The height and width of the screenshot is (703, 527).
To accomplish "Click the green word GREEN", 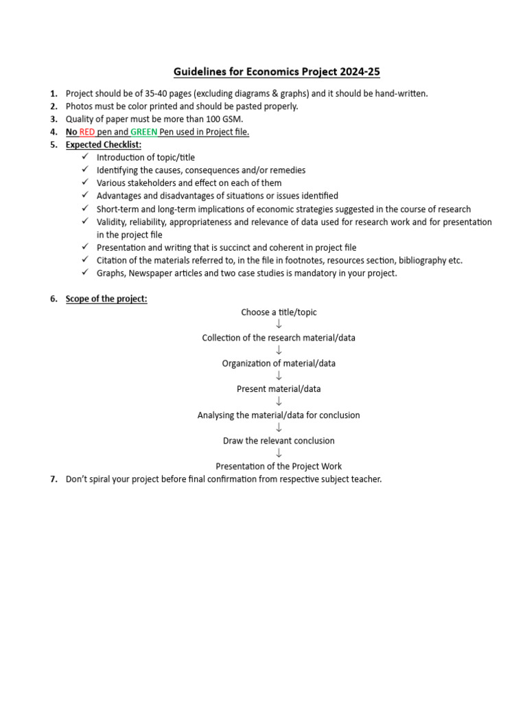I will click(x=144, y=132).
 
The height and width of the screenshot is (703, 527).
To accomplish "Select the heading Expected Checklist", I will click(x=104, y=145).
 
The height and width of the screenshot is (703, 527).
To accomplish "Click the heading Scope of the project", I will click(x=106, y=299).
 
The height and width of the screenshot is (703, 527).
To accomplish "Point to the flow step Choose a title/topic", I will click(x=279, y=312).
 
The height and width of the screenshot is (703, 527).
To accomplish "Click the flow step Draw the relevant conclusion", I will click(x=279, y=441).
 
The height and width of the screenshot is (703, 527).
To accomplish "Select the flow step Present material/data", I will click(x=279, y=389).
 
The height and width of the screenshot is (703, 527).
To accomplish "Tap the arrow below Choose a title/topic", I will click(x=279, y=325).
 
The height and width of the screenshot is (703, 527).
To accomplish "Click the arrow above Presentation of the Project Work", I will click(x=279, y=453).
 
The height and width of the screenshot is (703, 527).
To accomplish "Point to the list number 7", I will click(x=53, y=479).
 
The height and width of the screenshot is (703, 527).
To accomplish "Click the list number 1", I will click(x=53, y=93).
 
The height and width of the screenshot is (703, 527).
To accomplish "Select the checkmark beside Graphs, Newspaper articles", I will click(x=84, y=273).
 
